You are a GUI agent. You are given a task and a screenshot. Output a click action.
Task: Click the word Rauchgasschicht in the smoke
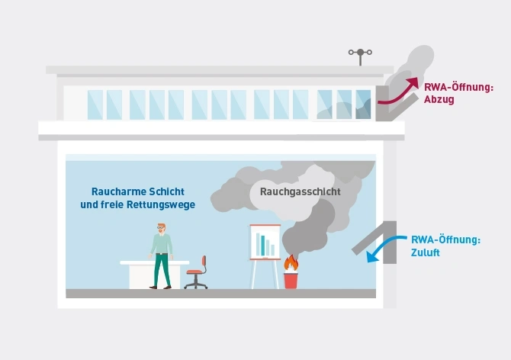point(300,192)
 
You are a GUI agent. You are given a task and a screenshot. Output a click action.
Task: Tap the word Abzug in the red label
point(438,100)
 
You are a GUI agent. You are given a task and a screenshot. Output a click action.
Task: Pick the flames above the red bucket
point(291,263)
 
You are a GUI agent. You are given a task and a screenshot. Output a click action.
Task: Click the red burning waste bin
point(291,280)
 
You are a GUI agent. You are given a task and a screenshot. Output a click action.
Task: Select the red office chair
point(197,272)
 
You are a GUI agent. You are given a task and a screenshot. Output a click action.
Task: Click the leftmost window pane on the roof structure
point(95,104)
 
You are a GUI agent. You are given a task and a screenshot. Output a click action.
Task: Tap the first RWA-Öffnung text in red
point(458,88)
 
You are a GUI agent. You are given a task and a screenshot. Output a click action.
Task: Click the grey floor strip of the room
point(220,294)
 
